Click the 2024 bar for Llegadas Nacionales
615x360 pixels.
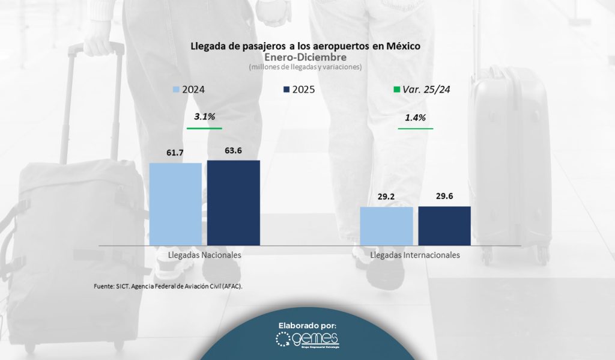(x=175, y=204)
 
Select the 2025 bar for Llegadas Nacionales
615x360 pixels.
(x=234, y=203)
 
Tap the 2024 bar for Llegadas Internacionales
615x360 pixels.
(x=386, y=226)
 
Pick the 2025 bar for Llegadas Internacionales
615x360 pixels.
(x=444, y=225)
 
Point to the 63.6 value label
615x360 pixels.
(x=233, y=150)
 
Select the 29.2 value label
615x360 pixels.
(x=386, y=197)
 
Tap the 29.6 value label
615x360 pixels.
(x=444, y=197)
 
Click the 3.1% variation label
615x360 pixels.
(x=204, y=117)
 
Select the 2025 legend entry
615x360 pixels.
(x=298, y=90)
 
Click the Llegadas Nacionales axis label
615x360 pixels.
(x=198, y=255)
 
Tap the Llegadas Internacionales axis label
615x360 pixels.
(x=415, y=255)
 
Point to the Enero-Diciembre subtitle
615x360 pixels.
(x=306, y=57)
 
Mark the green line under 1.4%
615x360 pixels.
(x=416, y=128)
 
